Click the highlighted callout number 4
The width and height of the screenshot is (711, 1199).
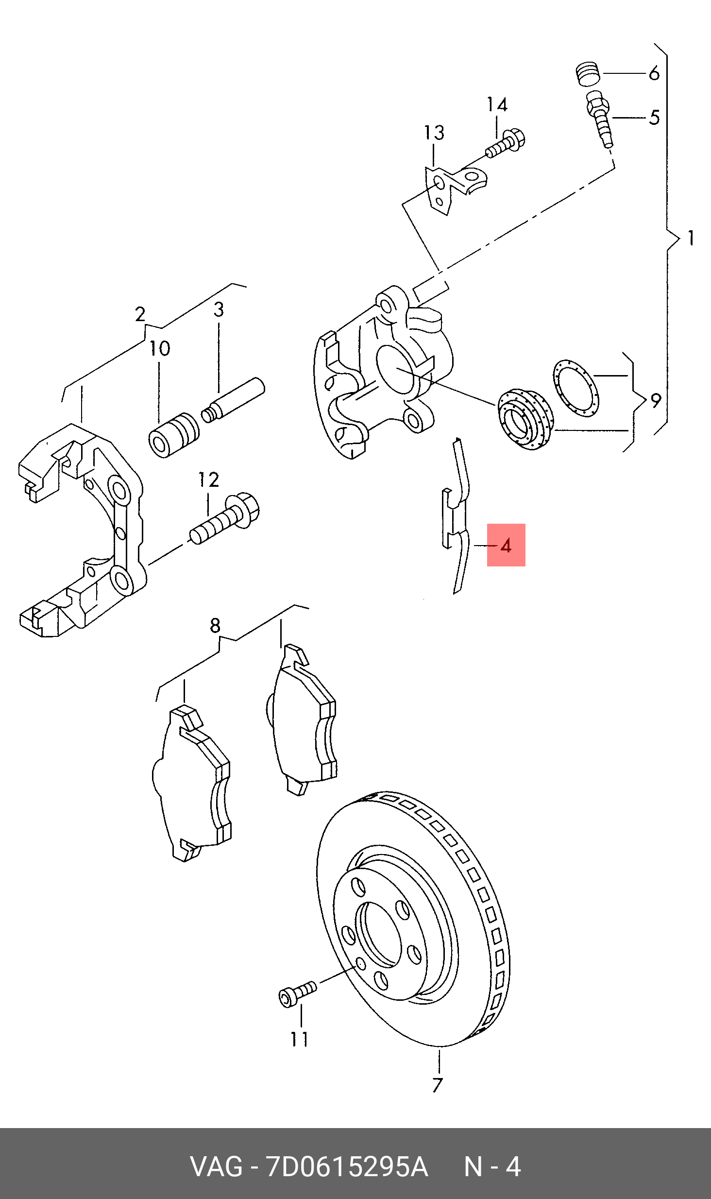[x=506, y=546]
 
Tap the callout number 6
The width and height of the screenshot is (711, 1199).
[x=654, y=74]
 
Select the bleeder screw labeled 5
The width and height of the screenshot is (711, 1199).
[x=600, y=119]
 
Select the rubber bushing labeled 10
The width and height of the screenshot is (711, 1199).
[x=173, y=435]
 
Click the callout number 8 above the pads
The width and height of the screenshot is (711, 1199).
[x=215, y=625]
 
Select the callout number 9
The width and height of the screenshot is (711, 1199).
[x=655, y=401]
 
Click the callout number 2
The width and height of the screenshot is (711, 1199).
[x=140, y=314]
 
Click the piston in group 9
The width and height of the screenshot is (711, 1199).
[x=524, y=419]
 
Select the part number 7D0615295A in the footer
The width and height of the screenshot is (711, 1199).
[x=346, y=1166]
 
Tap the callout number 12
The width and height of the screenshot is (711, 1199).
[x=208, y=480]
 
